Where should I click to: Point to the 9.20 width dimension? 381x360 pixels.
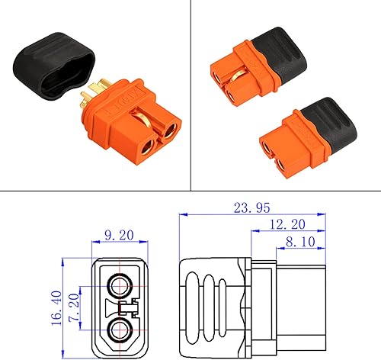(120, 237)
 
